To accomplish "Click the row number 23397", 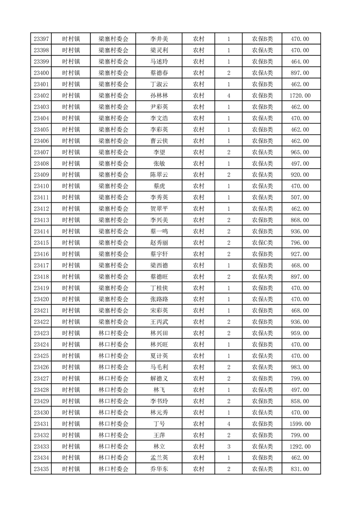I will (41, 39).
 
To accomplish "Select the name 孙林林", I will (159, 96).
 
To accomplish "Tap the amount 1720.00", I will (300, 96).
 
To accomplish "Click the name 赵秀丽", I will (159, 243).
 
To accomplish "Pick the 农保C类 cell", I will (262, 243).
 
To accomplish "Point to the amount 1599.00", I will (300, 424).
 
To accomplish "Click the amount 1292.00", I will (300, 446).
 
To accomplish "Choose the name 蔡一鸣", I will (159, 231).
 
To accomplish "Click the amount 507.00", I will (300, 197).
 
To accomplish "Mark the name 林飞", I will (159, 390).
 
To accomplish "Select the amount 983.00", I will (300, 367).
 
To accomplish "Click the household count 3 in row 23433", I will (228, 446).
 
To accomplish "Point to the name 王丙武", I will (159, 322).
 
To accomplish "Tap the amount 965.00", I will (300, 152).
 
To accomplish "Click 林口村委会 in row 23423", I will (113, 333).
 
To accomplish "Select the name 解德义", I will (159, 378).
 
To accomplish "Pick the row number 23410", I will (41, 186).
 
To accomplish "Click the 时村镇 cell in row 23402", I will (71, 96).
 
